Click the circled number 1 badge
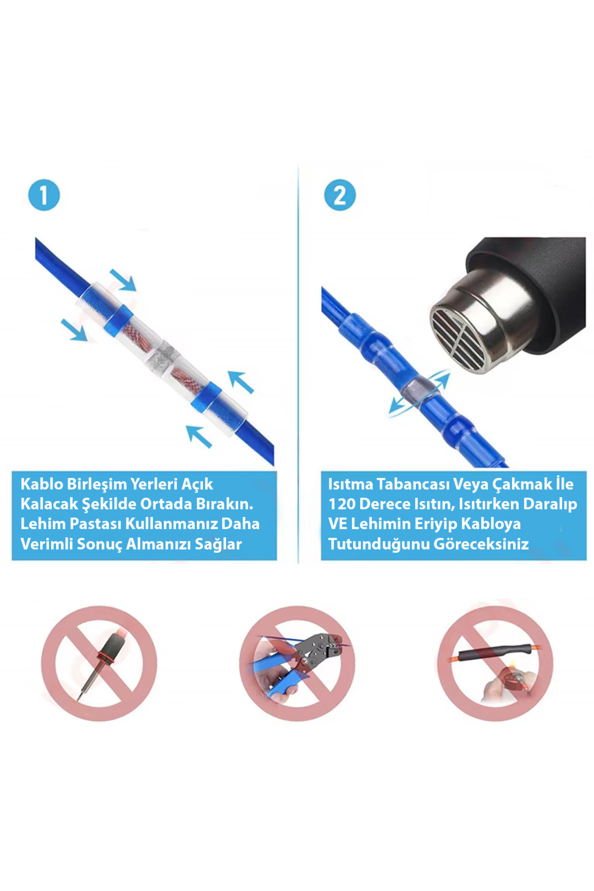pos(44,195)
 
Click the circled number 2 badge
pos(340,195)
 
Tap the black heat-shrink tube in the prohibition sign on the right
pos(495,652)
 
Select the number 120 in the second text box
pos(342,504)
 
